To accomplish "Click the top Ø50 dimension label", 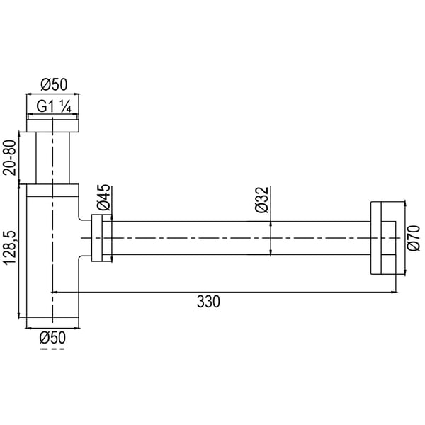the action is [54, 84].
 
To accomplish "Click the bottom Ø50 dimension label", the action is [52, 338].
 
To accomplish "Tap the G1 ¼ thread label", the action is [54, 106].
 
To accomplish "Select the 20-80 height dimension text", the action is [9, 158].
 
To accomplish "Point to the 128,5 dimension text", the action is [9, 248].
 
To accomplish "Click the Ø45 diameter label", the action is [103, 198].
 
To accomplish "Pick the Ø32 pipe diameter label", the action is [262, 200].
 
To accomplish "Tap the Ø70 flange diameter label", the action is [414, 238].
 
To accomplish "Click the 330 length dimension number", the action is [208, 302].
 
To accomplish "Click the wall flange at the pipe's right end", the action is [383, 238].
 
